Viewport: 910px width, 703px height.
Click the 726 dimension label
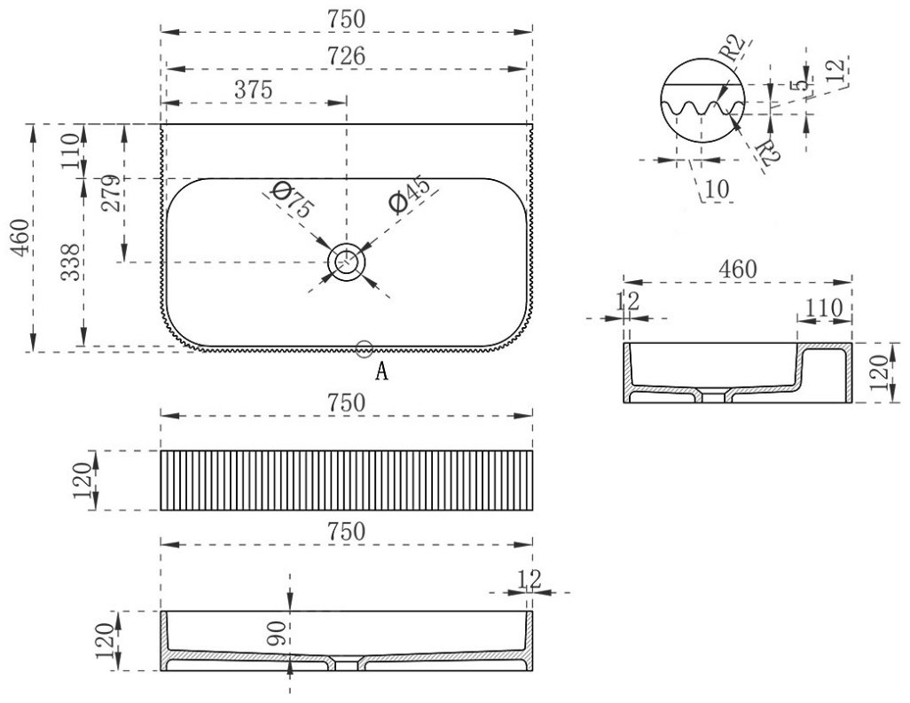(x=347, y=56)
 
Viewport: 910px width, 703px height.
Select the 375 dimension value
(x=253, y=90)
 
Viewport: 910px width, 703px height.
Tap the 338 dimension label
(x=71, y=262)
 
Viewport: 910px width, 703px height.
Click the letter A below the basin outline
(x=381, y=371)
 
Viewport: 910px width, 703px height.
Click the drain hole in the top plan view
(x=347, y=262)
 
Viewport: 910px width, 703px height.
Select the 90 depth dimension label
(x=276, y=635)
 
